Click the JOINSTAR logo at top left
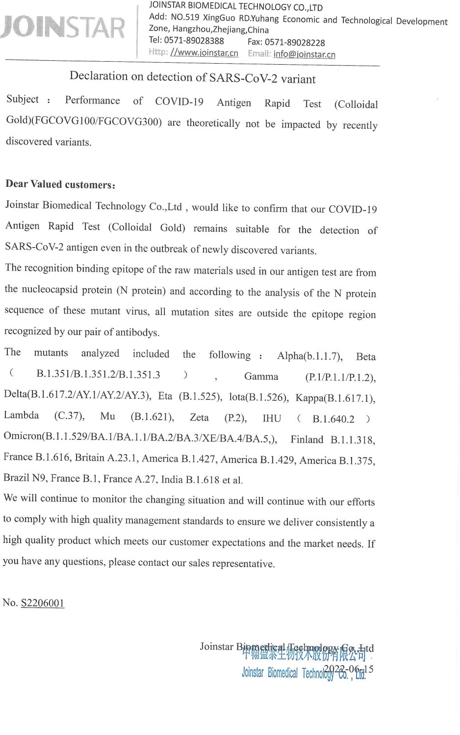pos(63,28)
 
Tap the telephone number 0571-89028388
pos(194,41)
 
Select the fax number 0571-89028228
pos(294,43)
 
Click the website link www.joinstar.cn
pos(204,53)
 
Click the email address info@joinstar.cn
pos(304,54)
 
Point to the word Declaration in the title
pos(99,76)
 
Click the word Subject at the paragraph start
pos(23,99)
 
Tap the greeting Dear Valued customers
pos(60,184)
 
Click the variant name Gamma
pos(261,376)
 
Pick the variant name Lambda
pos(21,416)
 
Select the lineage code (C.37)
pos(69,416)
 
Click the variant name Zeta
pos(199,417)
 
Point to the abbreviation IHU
pos(272,418)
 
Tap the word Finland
pos(307,439)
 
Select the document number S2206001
pos(43,603)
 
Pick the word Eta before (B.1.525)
pos(165,396)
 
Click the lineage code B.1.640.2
pos(333,419)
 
